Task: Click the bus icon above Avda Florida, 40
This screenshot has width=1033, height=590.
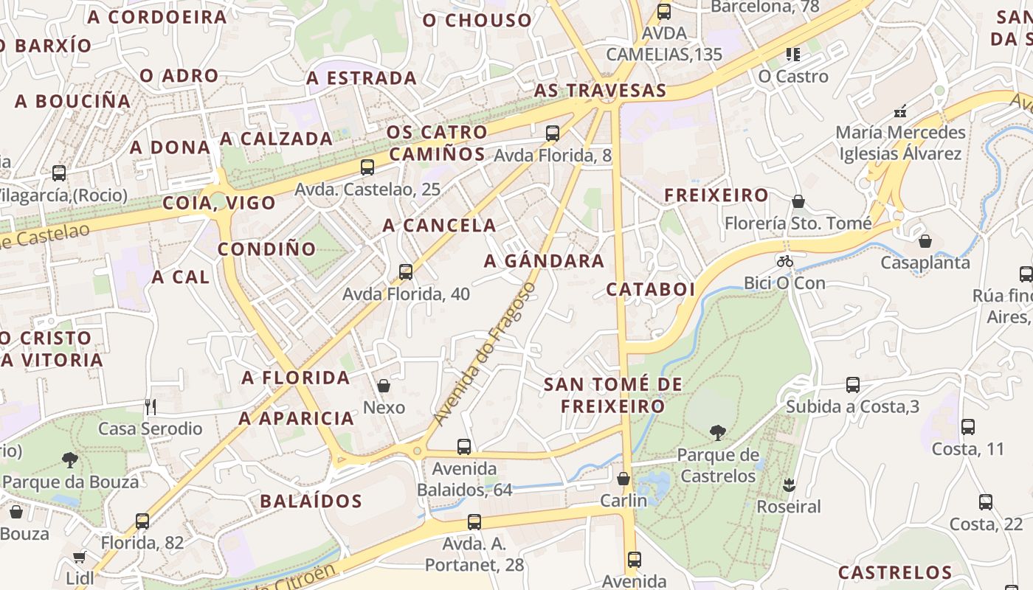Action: [405, 271]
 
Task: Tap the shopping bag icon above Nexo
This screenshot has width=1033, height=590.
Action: [384, 386]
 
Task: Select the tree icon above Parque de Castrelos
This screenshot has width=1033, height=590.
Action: [717, 433]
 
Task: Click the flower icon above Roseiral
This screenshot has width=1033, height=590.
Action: [789, 485]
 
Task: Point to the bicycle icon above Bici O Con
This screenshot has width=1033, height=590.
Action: [784, 261]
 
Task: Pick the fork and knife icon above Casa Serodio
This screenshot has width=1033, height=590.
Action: [151, 406]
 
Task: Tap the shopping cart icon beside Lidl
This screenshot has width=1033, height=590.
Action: [80, 557]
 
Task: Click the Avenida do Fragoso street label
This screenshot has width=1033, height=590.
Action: [483, 353]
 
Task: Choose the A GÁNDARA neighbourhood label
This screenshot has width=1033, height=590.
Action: [544, 261]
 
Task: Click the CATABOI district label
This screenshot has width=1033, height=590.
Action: [651, 289]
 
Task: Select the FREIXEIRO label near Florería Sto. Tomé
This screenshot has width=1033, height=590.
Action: [716, 195]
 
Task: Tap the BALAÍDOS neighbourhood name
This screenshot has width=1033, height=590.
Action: [311, 502]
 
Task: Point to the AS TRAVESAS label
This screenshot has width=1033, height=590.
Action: [600, 91]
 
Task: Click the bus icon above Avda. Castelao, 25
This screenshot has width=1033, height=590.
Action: [367, 167]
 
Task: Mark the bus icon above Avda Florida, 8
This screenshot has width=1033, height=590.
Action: [553, 133]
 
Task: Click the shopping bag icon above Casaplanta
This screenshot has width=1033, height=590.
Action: [925, 241]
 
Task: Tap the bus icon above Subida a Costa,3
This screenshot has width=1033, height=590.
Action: [852, 384]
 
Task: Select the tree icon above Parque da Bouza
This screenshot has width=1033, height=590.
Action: [70, 460]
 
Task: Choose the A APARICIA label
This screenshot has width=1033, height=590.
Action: [296, 418]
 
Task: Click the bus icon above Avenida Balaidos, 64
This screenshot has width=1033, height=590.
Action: [464, 446]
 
